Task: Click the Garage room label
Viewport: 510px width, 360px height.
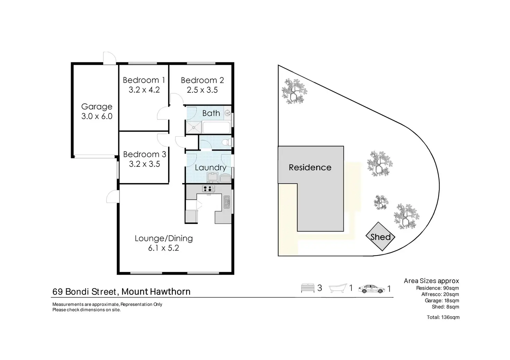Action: [97, 107]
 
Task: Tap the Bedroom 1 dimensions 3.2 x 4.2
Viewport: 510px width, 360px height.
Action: [144, 90]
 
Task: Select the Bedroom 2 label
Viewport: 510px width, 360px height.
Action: [202, 80]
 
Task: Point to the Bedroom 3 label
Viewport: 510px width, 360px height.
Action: [144, 154]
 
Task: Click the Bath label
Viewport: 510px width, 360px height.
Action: [211, 113]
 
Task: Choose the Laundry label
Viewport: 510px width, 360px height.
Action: [210, 168]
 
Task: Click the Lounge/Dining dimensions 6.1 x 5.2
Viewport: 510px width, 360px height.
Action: [164, 248]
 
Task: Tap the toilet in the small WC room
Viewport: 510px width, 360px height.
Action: [226, 142]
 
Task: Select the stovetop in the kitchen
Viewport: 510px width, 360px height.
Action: [209, 189]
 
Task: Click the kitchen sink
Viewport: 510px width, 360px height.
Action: [227, 202]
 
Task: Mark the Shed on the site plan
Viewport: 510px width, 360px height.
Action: [380, 237]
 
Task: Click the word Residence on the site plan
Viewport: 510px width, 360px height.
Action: [310, 168]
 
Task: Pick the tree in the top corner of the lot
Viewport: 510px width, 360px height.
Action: [294, 91]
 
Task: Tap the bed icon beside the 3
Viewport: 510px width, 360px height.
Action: [307, 288]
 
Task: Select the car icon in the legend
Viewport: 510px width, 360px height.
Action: [372, 288]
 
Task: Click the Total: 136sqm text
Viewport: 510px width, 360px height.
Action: [443, 317]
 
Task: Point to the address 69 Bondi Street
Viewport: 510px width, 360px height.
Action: [84, 292]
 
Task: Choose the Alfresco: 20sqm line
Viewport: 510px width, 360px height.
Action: [440, 294]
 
